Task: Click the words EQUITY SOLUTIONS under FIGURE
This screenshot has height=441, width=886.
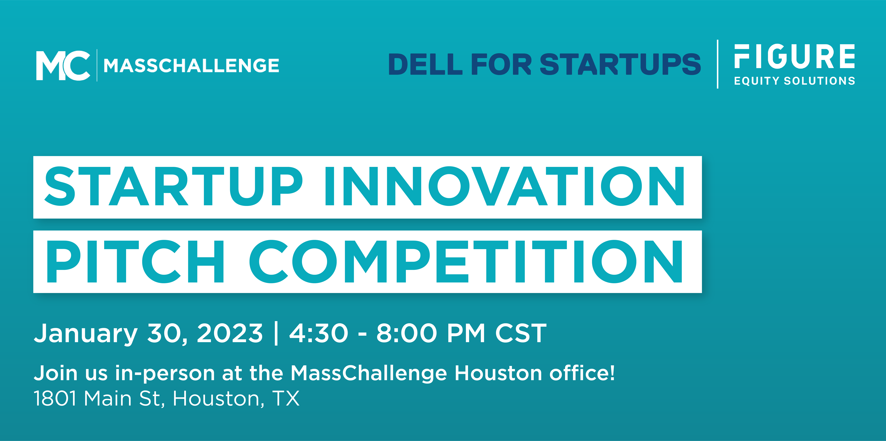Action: click(x=795, y=81)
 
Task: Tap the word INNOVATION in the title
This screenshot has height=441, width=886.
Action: click(x=505, y=186)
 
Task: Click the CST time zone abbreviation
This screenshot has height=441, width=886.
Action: click(x=521, y=333)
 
